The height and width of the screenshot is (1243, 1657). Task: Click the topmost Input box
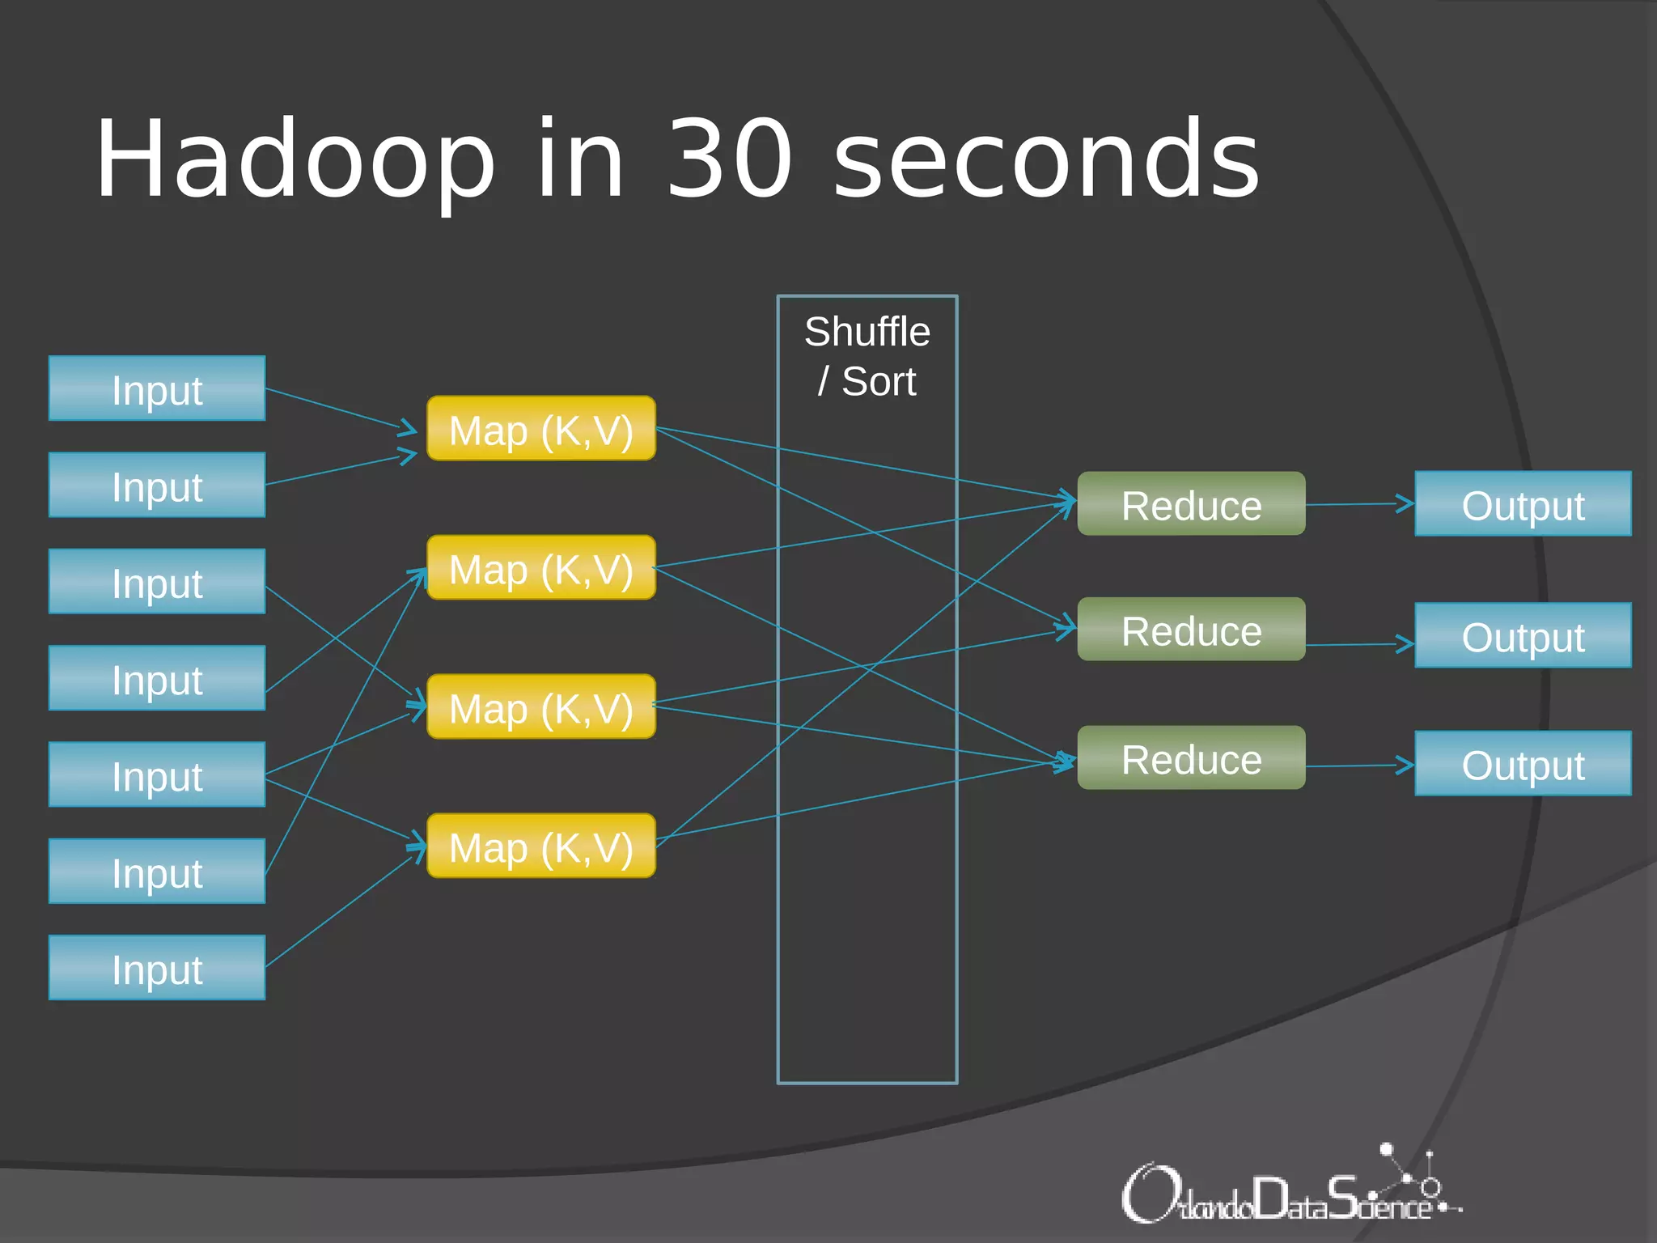(x=157, y=388)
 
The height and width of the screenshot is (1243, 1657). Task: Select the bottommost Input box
(x=157, y=968)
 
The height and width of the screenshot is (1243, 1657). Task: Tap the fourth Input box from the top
(x=157, y=678)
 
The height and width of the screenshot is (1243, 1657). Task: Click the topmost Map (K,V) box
(x=540, y=429)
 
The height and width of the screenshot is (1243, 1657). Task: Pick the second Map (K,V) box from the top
(x=540, y=568)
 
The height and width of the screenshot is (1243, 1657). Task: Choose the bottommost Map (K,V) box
(x=540, y=846)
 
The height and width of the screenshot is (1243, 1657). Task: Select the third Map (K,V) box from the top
(x=540, y=707)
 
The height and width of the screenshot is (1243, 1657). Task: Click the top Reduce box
(x=1191, y=504)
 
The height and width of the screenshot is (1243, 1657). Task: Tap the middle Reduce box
(x=1191, y=630)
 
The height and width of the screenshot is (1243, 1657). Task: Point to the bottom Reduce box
(x=1191, y=758)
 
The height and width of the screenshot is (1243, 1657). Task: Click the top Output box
(x=1523, y=504)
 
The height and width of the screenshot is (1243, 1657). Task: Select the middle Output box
(x=1523, y=636)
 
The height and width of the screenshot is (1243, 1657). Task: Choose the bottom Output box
(x=1523, y=764)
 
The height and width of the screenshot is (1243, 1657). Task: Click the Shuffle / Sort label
(x=867, y=356)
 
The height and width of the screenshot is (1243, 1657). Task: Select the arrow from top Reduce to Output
(x=1359, y=504)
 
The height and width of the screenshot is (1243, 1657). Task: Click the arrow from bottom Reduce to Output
(x=1359, y=766)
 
